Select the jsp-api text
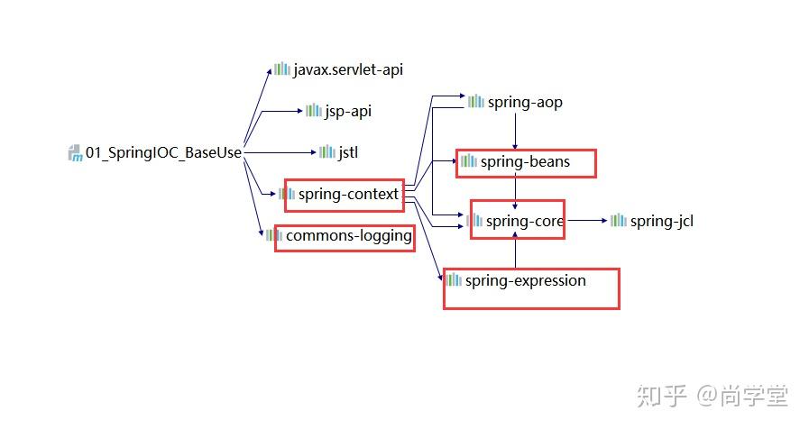coord(348,111)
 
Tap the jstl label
coord(348,152)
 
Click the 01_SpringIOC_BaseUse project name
coord(163,152)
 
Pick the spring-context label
coord(348,194)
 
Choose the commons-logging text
coord(348,236)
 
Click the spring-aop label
coord(525,102)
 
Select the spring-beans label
coord(525,161)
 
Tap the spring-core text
coord(525,221)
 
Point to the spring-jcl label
coord(661,221)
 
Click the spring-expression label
coord(525,280)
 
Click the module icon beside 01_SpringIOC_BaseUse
coord(75,152)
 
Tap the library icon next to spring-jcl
coord(619,221)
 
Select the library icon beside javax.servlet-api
coord(282,69)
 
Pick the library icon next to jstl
coord(326,152)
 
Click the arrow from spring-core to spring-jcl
coord(586,220)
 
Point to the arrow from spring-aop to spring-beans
coord(515,131)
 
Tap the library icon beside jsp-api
coord(313,111)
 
